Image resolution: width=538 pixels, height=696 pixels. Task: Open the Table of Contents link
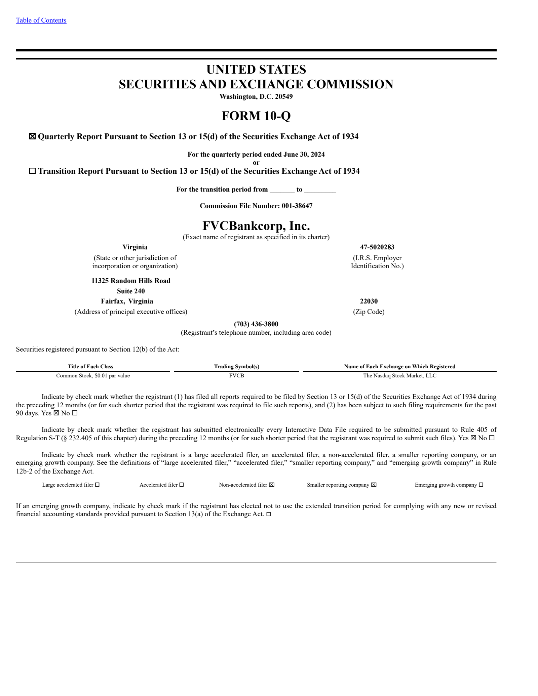(x=41, y=20)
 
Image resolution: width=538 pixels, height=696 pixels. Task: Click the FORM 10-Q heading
(x=256, y=116)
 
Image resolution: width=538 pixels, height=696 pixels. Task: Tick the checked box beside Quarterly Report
(x=32, y=136)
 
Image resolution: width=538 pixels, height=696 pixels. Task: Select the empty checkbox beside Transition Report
(x=32, y=171)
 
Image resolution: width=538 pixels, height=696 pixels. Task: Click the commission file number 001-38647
(x=297, y=206)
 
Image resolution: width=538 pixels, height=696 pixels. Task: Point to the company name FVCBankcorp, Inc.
(x=256, y=226)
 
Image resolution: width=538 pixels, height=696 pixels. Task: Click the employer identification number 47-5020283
(x=377, y=247)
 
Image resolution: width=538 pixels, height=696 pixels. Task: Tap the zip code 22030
(x=369, y=301)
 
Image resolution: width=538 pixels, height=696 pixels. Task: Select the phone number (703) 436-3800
(x=256, y=324)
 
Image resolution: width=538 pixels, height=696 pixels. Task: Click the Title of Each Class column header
(x=90, y=366)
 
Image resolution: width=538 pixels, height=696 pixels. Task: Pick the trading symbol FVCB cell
(x=236, y=375)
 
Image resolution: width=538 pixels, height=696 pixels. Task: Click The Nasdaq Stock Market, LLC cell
(x=399, y=375)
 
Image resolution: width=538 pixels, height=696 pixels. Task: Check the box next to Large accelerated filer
(x=97, y=485)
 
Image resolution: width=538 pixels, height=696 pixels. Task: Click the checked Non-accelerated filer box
(x=272, y=485)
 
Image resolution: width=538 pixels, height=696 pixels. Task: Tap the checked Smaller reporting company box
(x=374, y=485)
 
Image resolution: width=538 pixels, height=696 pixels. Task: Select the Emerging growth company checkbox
(x=481, y=485)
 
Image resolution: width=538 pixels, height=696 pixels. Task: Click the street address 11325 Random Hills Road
(x=131, y=281)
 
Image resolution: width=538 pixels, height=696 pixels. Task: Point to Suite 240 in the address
(x=131, y=291)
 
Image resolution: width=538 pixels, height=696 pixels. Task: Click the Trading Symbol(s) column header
(x=236, y=366)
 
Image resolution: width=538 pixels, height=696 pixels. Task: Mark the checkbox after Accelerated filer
(x=182, y=485)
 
